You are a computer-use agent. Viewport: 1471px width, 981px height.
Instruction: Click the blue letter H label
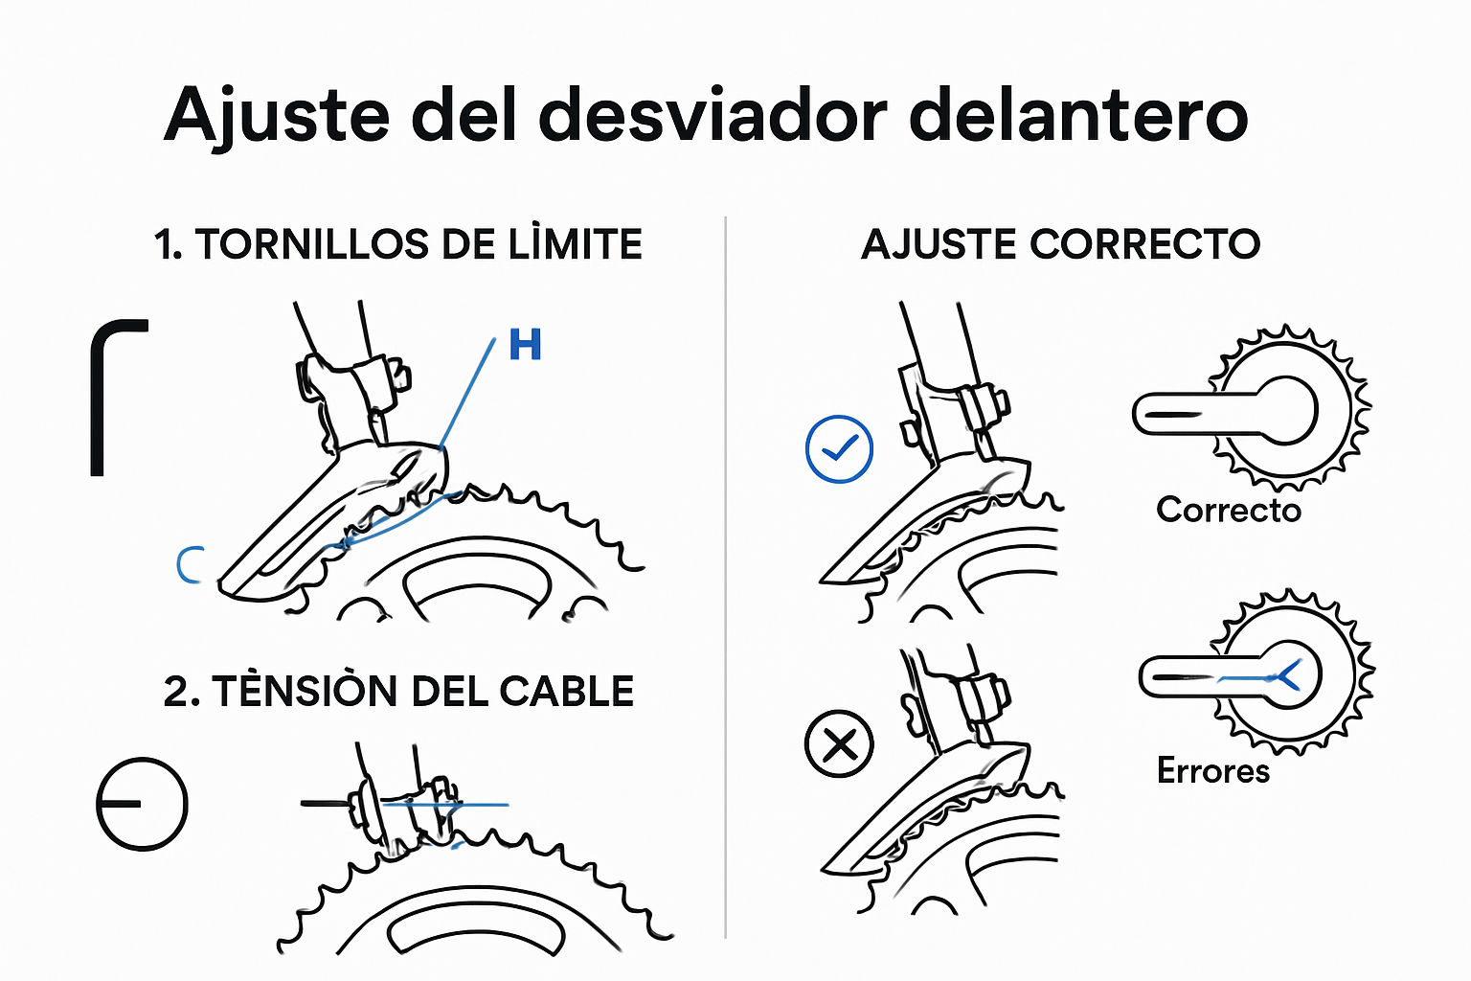coord(525,345)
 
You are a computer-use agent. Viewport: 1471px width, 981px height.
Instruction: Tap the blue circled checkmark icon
coord(839,448)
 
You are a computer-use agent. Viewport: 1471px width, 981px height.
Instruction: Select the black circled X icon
coord(839,743)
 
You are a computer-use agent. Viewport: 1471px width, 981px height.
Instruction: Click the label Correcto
coord(1229,510)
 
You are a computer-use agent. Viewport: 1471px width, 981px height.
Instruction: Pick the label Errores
coord(1212,771)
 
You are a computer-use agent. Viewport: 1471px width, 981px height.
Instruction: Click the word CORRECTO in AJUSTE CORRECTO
coord(1144,245)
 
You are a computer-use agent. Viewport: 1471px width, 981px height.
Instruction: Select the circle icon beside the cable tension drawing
coord(142,804)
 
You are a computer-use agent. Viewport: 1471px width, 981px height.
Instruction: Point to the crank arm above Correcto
coord(1197,414)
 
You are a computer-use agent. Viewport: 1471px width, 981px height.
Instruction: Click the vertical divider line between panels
coord(726,575)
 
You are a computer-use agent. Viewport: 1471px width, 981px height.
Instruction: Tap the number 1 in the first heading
coord(164,245)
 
